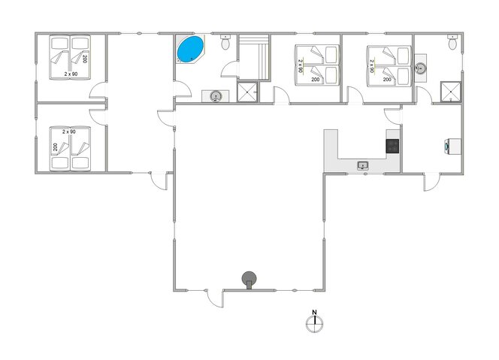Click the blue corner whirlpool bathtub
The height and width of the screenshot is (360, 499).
point(190,50)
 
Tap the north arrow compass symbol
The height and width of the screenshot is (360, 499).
point(315,324)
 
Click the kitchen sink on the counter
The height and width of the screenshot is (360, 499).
point(363,165)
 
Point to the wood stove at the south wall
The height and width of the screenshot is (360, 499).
point(249,280)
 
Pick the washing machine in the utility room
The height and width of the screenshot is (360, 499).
point(450,146)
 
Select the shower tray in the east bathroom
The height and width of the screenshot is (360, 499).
point(449,91)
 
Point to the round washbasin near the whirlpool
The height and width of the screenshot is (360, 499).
point(216,95)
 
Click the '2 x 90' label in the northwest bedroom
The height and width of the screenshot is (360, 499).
point(71,74)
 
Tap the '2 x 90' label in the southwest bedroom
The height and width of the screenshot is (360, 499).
point(69,132)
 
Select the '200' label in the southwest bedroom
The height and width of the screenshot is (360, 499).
point(55,147)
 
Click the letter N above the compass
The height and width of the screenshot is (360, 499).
point(315,312)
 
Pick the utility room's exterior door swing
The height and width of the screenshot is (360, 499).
point(431,183)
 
